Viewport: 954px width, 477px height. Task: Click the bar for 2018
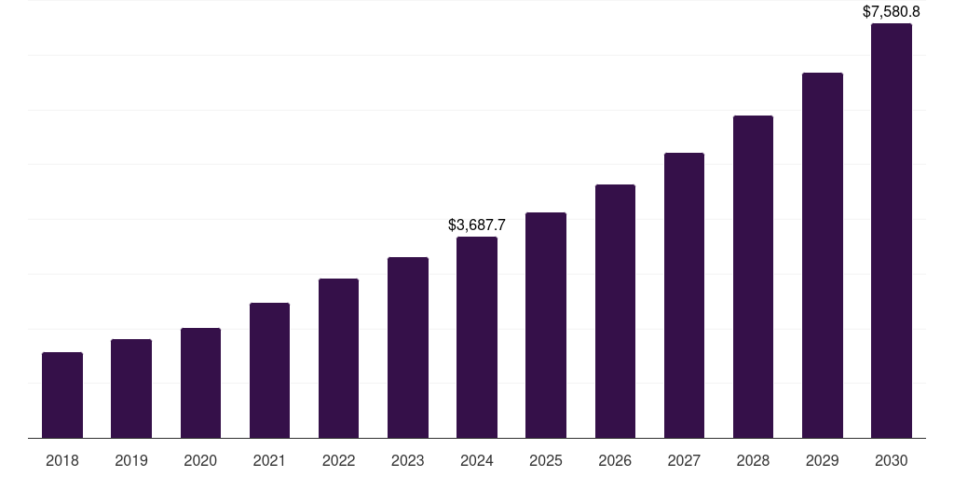(x=62, y=395)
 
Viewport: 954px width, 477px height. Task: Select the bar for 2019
(x=131, y=388)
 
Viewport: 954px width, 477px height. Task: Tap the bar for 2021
(x=269, y=371)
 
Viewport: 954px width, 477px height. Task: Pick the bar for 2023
(x=408, y=348)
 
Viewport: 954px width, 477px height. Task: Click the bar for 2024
(x=477, y=337)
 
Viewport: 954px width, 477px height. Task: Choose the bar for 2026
(x=615, y=311)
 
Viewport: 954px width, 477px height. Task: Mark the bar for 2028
(x=753, y=277)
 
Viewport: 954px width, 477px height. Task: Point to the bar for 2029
(x=822, y=255)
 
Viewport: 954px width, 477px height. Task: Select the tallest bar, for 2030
(x=892, y=231)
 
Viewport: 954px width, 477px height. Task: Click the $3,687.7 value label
(x=477, y=225)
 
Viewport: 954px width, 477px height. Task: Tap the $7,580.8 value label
(x=892, y=12)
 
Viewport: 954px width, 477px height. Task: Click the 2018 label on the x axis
(x=62, y=460)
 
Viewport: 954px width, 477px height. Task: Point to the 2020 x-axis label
(x=200, y=460)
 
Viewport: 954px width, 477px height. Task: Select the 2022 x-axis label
(x=339, y=460)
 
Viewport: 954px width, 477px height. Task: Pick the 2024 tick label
(x=477, y=460)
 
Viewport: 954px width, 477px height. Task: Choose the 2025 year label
(x=546, y=460)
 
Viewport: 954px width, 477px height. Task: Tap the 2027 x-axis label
(x=684, y=460)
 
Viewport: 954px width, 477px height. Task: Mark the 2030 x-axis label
(x=892, y=460)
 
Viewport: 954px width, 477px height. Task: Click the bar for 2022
(x=339, y=359)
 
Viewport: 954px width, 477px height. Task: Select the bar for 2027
(x=684, y=295)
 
